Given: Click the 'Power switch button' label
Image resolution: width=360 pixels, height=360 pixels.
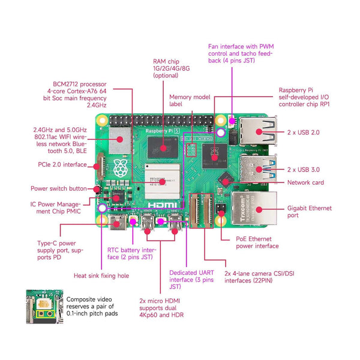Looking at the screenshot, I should click(x=58, y=188).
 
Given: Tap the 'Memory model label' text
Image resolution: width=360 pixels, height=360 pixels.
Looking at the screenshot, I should click(x=190, y=101).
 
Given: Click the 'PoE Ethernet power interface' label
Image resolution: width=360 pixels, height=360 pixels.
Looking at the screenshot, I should click(x=256, y=242).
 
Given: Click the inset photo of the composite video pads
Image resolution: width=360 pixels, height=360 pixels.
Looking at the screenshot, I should click(x=44, y=308).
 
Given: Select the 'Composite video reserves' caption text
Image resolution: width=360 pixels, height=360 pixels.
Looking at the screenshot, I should click(x=92, y=306).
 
